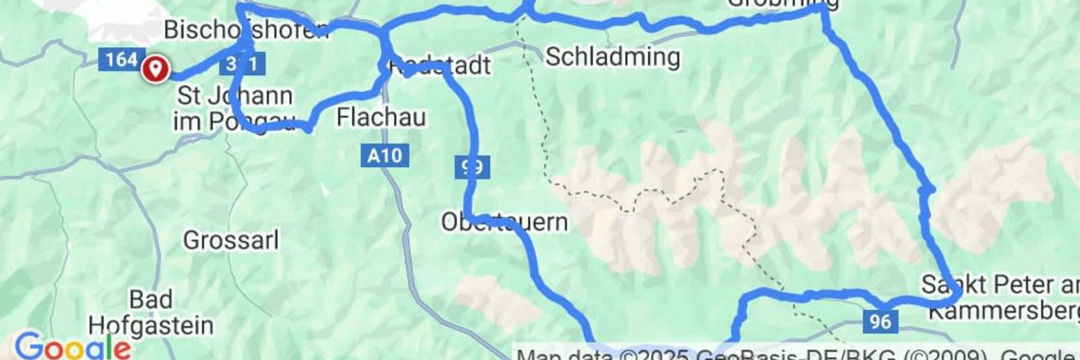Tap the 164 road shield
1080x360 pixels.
pyautogui.click(x=120, y=59)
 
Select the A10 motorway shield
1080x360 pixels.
pyautogui.click(x=385, y=155)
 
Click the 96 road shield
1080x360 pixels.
pyautogui.click(x=880, y=321)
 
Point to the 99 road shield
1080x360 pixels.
pyautogui.click(x=472, y=167)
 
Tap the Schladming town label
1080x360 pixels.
pyautogui.click(x=613, y=57)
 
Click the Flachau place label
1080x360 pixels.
pyautogui.click(x=381, y=118)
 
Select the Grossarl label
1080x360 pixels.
pyautogui.click(x=231, y=240)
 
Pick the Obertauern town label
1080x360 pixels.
pyautogui.click(x=504, y=222)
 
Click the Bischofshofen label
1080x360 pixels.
pyautogui.click(x=246, y=29)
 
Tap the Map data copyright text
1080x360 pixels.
pyautogui.click(x=787, y=354)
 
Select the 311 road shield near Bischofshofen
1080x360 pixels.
pyautogui.click(x=243, y=64)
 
